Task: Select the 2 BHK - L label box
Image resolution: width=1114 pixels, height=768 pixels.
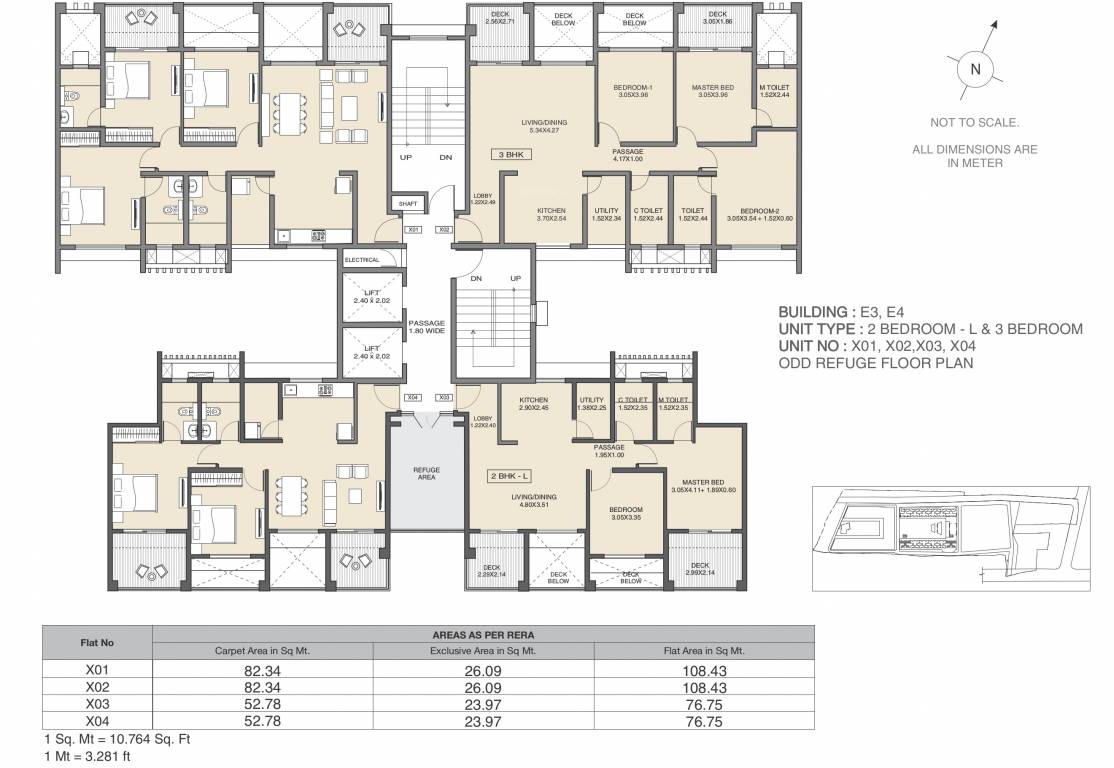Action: [510, 476]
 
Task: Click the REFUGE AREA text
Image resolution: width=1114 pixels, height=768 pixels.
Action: [427, 474]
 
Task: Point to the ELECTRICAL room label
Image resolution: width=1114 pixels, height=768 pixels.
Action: [362, 260]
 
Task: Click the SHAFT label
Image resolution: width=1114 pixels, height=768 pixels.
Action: [407, 204]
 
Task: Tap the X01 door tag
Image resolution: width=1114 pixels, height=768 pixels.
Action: [413, 229]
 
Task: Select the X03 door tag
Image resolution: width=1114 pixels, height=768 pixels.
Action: [445, 397]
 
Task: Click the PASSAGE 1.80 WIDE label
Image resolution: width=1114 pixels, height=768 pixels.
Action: [426, 327]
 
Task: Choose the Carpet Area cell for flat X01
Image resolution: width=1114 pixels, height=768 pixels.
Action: [262, 670]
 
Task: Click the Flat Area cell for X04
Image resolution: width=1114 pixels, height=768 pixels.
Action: [704, 721]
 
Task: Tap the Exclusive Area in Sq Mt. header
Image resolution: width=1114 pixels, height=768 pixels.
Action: [483, 650]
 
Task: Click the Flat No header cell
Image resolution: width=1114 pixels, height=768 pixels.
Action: [96, 642]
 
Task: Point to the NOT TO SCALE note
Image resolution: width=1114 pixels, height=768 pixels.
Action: [974, 122]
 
